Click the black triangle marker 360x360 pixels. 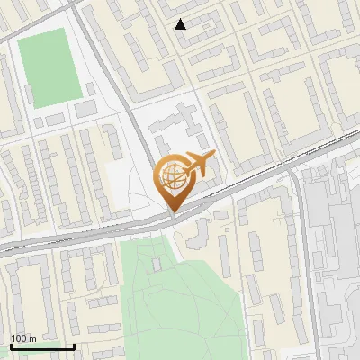[x=181, y=24]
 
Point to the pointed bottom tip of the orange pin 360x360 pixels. [x=173, y=211]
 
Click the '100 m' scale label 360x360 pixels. [x=23, y=338]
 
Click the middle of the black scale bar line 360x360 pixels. [x=42, y=346]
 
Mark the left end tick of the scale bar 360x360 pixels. [x=11, y=345]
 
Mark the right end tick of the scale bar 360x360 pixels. [x=74, y=345]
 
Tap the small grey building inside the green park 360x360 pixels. [x=156, y=264]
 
